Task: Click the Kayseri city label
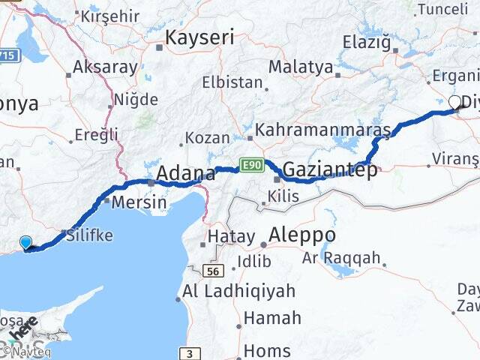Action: coord(199,37)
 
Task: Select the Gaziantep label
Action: coord(330,169)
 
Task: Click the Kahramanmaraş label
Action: coord(323,130)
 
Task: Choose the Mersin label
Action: coord(139,202)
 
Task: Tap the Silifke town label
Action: coord(89,235)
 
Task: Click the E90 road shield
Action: coord(251,163)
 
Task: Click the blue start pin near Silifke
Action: coord(26,243)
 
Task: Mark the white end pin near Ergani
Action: coord(454,103)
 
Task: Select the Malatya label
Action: coord(300,67)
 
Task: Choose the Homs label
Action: coord(267,350)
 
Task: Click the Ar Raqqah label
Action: coord(341,259)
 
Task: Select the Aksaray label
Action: coord(105,67)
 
